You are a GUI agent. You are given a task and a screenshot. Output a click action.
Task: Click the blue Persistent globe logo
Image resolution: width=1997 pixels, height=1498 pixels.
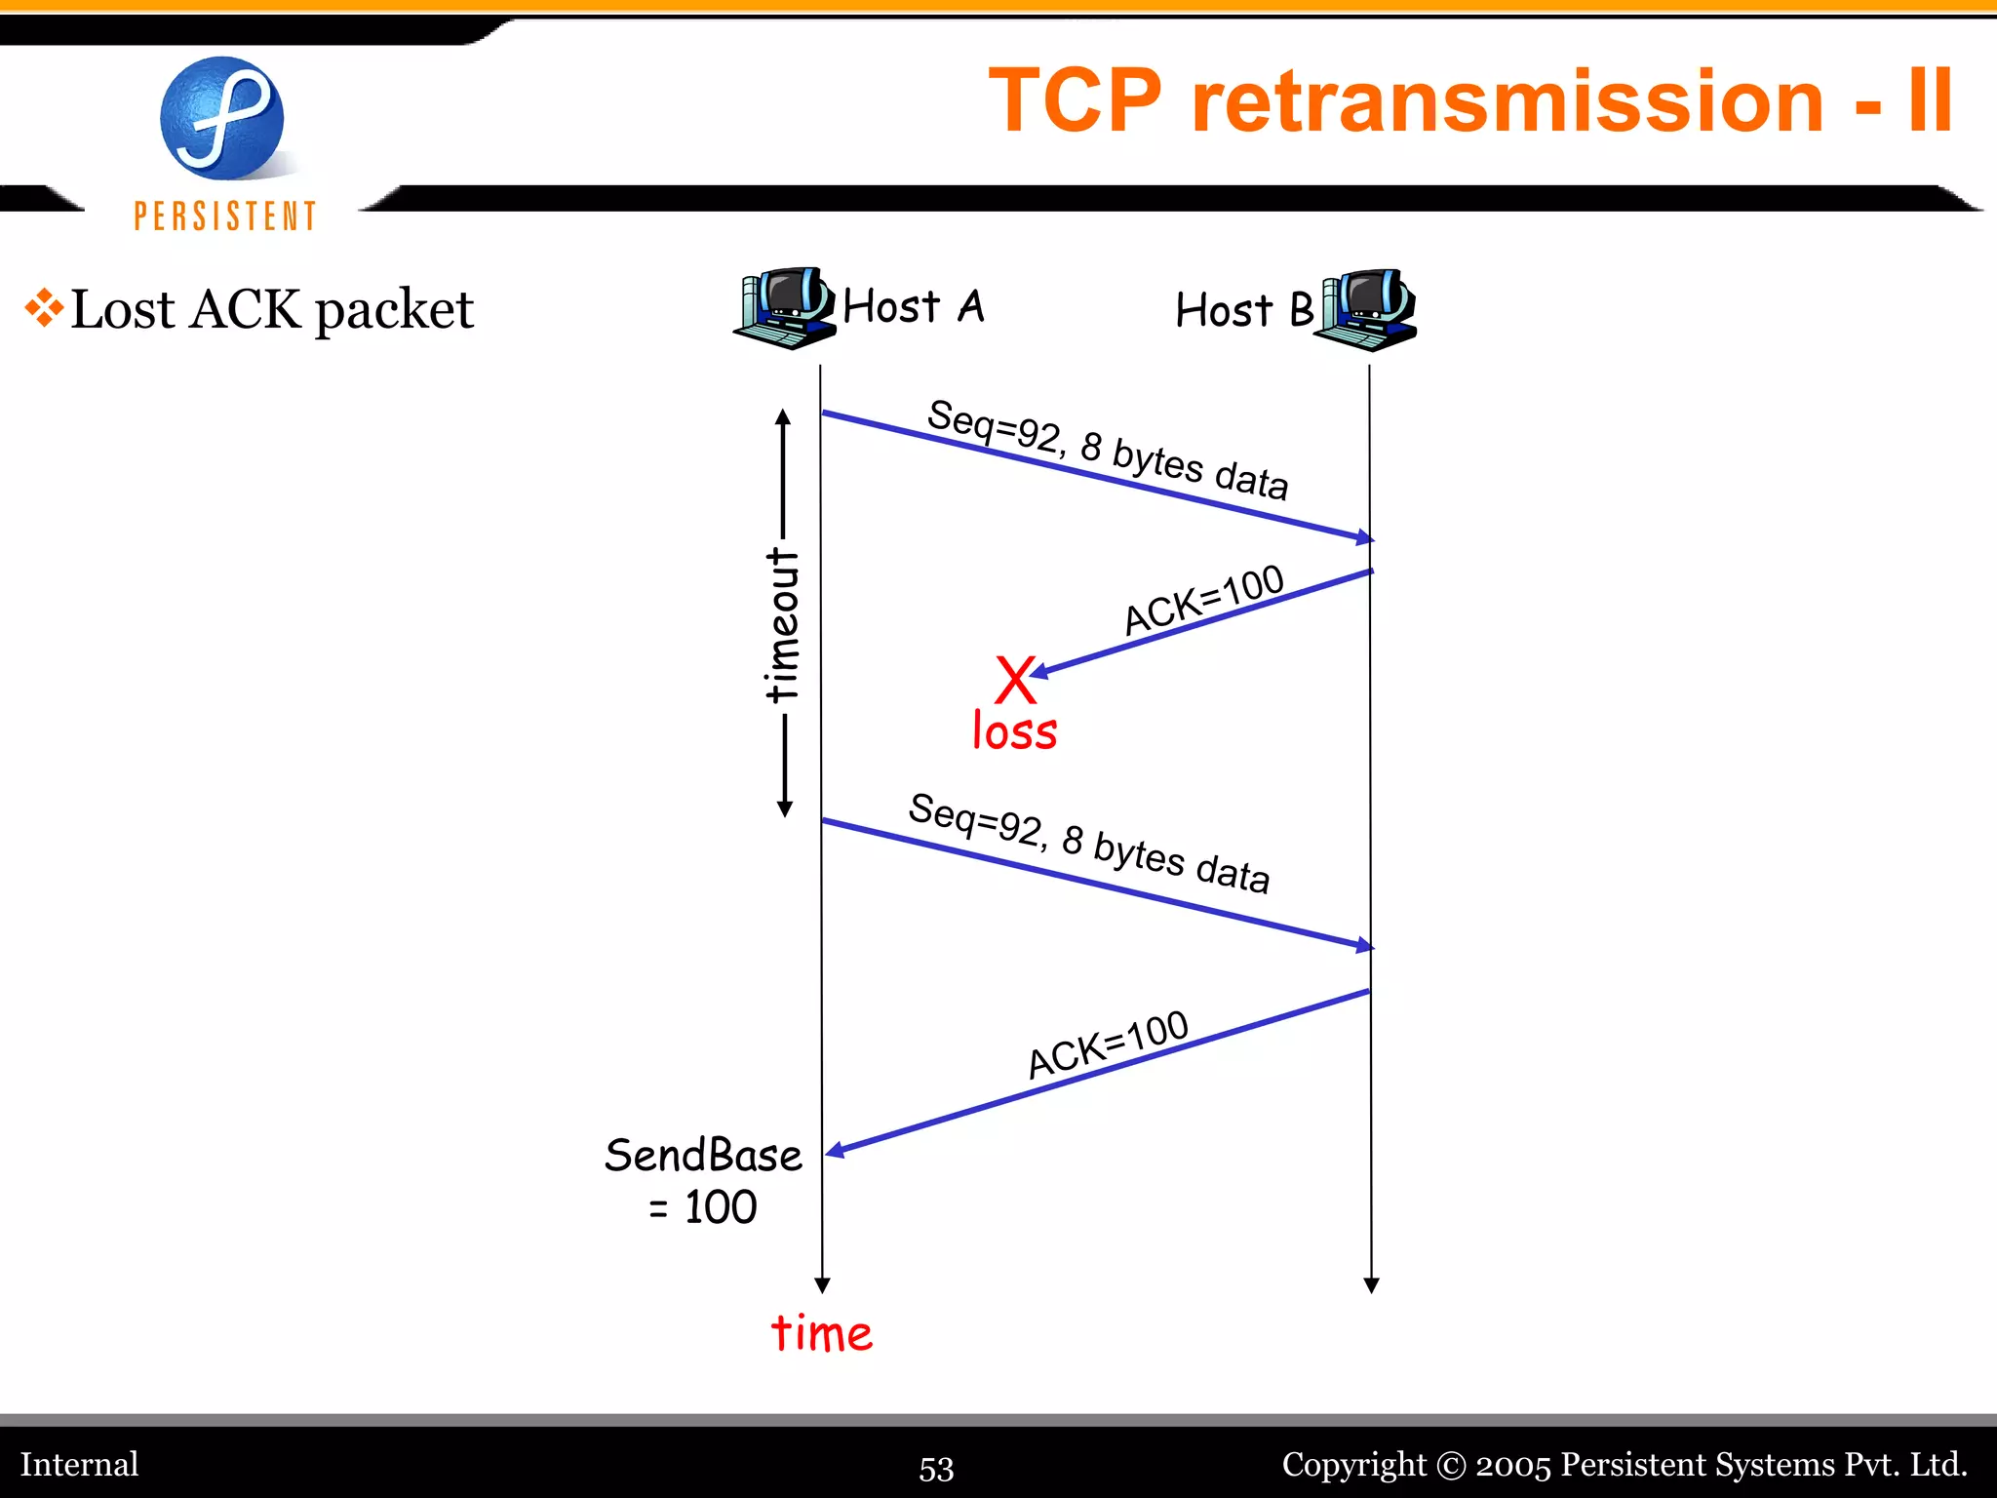tap(222, 118)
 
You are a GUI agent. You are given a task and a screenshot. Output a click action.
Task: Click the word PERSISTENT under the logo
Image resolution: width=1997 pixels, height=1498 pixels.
tap(225, 217)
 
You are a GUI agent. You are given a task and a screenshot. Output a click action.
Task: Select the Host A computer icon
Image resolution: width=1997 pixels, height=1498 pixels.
tap(784, 308)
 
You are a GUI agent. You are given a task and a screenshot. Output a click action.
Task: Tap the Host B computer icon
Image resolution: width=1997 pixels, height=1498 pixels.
tap(1366, 309)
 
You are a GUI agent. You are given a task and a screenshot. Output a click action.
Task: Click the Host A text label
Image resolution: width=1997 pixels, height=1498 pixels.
tap(914, 306)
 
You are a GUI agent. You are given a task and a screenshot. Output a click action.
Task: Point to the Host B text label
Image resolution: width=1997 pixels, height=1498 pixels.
tap(1244, 310)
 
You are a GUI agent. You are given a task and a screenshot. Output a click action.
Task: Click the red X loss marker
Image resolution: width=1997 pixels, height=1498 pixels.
tap(1015, 680)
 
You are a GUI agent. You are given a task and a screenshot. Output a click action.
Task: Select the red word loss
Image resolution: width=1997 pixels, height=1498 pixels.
tap(1014, 731)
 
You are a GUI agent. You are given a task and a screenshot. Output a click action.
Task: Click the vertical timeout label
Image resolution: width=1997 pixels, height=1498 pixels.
tap(783, 624)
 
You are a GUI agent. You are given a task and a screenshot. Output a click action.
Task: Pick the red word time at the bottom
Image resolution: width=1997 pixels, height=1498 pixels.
tap(821, 1333)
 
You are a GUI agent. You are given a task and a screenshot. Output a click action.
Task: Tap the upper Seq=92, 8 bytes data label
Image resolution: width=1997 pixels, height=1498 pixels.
tap(1107, 450)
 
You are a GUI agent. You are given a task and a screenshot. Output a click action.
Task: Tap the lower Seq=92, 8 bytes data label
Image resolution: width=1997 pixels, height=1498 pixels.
tap(1088, 844)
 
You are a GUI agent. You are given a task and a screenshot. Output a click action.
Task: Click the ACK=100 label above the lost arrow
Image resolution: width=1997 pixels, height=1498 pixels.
tap(1203, 600)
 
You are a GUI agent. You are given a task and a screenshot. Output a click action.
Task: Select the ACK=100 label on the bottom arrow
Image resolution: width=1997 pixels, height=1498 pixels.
tap(1108, 1045)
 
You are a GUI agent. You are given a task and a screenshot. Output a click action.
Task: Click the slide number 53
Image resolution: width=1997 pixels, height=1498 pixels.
tap(936, 1468)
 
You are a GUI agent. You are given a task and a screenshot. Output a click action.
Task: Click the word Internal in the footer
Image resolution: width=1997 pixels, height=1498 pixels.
tap(80, 1464)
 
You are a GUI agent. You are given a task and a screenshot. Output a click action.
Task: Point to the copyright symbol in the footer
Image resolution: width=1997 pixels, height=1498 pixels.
tap(1451, 1465)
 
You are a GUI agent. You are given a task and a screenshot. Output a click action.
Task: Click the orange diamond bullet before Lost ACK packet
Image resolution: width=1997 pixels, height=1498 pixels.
tap(44, 308)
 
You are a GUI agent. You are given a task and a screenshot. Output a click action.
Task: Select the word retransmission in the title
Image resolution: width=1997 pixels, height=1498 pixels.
tap(1507, 101)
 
